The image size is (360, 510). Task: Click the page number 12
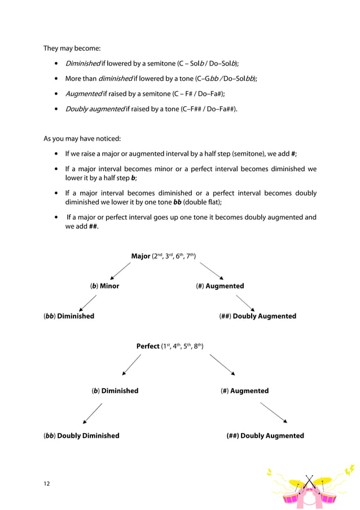pos(47,483)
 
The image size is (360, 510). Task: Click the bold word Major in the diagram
pos(141,256)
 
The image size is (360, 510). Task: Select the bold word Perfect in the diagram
pos(148,346)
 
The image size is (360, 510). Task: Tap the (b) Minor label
pos(104,286)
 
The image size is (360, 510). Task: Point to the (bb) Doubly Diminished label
pos(81,436)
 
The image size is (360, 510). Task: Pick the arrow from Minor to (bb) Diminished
pos(87,303)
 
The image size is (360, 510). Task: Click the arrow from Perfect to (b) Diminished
pos(131,364)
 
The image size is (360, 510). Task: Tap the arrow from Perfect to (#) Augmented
pos(222,364)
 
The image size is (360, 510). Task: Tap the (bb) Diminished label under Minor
pos(69,316)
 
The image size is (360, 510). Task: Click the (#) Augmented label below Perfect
pos(244,391)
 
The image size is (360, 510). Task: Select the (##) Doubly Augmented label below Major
pos(257,316)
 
